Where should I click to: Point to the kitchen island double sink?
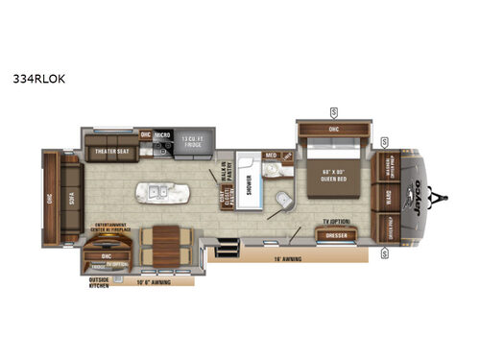(x=159, y=193)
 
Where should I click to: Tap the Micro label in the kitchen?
(x=162, y=136)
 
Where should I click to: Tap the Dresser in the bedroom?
(x=336, y=234)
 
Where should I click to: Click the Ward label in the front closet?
(x=390, y=201)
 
